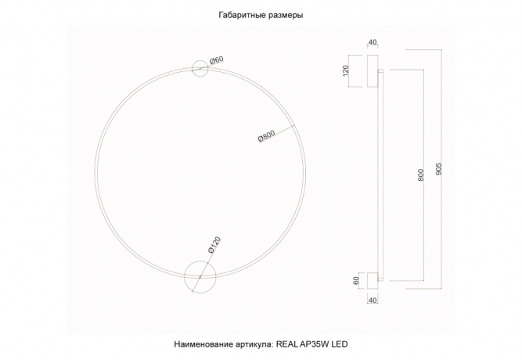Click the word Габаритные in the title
pos(237,15)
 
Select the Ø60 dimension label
pos(217,59)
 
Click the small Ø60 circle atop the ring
pos(199,68)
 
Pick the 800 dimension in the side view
pos(421,175)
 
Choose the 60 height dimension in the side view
pos(356,280)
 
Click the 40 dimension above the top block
pos(372,43)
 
